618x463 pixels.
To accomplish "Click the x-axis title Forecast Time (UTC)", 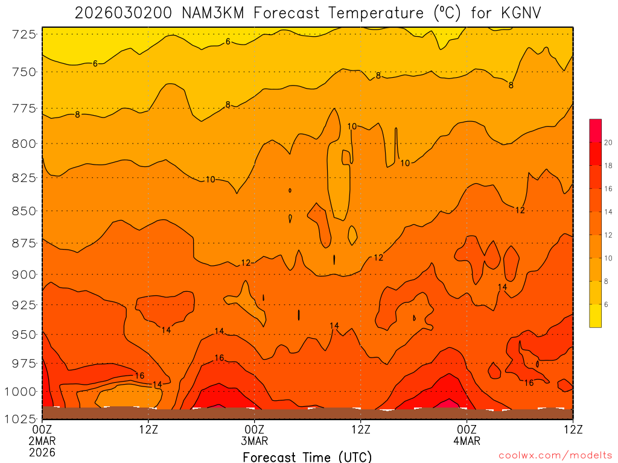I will coord(308,456).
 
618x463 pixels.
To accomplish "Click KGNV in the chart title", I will coord(517,13).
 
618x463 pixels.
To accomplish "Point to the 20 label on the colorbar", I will coord(608,143).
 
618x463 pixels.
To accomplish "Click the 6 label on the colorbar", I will coord(607,304).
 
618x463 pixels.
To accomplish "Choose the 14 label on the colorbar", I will coord(608,212).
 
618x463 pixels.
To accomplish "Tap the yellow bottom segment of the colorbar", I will coord(596,315).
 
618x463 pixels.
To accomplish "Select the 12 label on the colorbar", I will coord(608,235).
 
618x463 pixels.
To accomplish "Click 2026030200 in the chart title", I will coord(124,13).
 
